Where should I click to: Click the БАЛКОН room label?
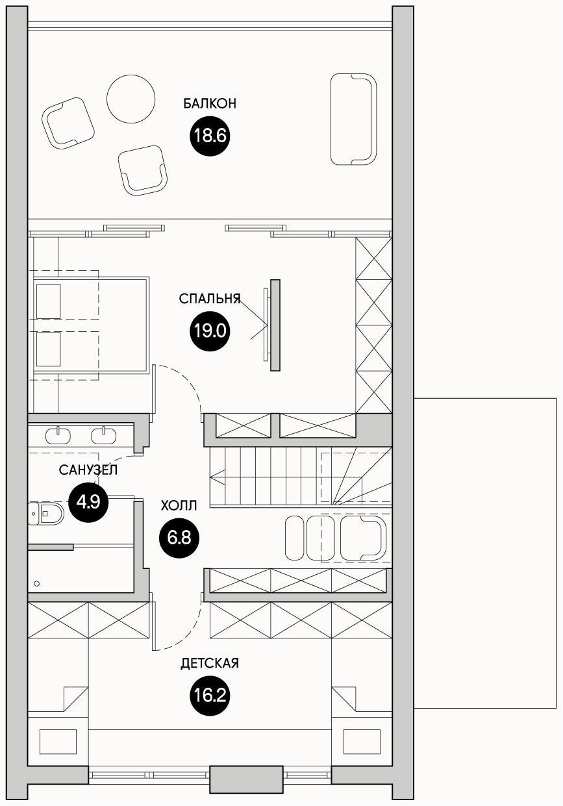click(x=210, y=104)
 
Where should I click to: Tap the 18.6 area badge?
click(x=210, y=136)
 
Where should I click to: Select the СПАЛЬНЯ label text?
click(x=210, y=299)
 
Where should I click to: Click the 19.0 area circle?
click(x=210, y=331)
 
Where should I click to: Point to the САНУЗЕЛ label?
click(x=88, y=470)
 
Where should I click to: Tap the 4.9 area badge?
click(x=88, y=502)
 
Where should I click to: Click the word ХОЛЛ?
click(x=179, y=505)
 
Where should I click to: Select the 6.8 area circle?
click(x=179, y=538)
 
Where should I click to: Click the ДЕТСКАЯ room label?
click(x=210, y=663)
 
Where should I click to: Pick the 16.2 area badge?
click(x=210, y=695)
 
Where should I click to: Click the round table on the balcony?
click(x=131, y=99)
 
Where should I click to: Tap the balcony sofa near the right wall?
click(x=354, y=120)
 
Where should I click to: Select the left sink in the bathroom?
click(x=58, y=436)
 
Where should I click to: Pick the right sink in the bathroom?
click(x=104, y=436)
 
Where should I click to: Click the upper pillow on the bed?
click(x=49, y=301)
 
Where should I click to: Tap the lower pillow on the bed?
click(x=49, y=349)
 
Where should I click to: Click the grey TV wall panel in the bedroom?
click(x=275, y=325)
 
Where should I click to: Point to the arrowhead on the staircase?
click(x=218, y=477)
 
